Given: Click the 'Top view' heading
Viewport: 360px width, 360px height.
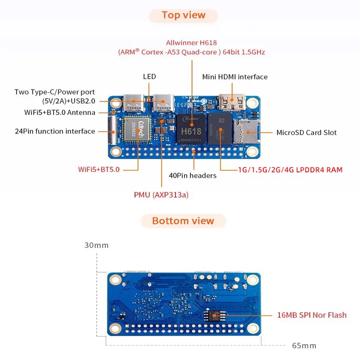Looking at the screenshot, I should click(184, 15).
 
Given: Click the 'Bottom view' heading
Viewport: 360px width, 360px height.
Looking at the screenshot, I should click(183, 221).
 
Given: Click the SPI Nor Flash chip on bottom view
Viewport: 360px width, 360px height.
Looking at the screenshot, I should click(216, 315).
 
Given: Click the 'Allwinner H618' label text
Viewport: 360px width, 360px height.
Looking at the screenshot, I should click(191, 43).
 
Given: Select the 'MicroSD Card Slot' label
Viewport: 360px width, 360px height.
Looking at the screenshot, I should click(306, 132).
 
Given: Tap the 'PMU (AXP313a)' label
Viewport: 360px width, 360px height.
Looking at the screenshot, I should click(161, 195).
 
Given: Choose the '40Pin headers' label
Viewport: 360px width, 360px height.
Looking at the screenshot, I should click(193, 175).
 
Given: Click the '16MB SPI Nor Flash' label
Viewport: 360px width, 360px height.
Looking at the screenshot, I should click(312, 315).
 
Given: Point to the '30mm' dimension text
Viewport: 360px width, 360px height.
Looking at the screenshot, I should click(96, 246).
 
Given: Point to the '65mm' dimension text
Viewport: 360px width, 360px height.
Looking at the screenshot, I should click(304, 346).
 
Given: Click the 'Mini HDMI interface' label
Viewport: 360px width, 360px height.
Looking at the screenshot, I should click(235, 77).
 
